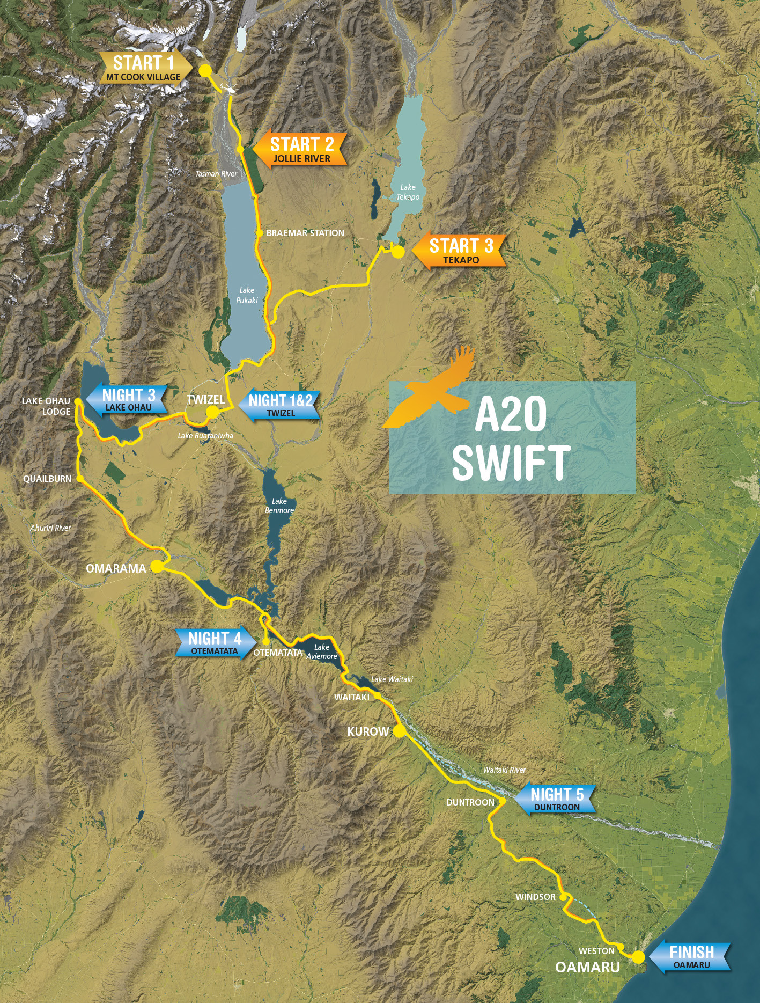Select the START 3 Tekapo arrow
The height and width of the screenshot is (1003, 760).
coord(460,251)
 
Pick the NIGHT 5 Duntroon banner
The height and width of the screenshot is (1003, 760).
coord(556,799)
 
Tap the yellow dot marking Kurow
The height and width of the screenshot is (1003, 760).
coord(399,730)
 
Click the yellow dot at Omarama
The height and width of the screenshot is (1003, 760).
coord(157,566)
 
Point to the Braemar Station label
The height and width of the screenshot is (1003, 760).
coord(305,233)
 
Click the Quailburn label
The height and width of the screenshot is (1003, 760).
coord(47,479)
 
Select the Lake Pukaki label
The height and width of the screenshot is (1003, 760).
coord(247,295)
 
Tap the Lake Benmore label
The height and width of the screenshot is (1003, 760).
coord(279,506)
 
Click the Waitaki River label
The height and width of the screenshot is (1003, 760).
coord(504,770)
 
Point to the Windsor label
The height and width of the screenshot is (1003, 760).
coord(535,897)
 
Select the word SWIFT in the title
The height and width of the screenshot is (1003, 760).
coord(511,463)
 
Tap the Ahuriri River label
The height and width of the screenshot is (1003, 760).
coord(50,528)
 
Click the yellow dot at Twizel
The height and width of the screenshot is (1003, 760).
coord(212,412)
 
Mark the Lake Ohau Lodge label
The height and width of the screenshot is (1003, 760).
coord(46,406)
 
